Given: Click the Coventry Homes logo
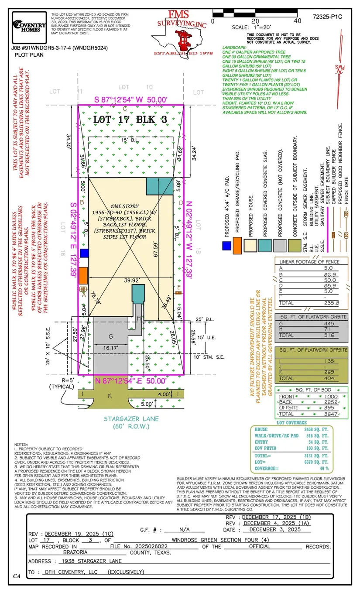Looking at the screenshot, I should coord(30,26).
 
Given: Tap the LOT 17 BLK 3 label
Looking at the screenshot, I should coord(131,120).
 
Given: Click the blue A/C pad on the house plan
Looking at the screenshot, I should coord(84,253).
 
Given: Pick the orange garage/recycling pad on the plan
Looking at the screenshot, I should coord(83,272).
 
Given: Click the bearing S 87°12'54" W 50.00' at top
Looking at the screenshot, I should coord(131,100).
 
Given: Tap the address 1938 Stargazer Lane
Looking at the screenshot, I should coord(92,561).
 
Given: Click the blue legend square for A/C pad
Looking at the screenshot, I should coord(226,246).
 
